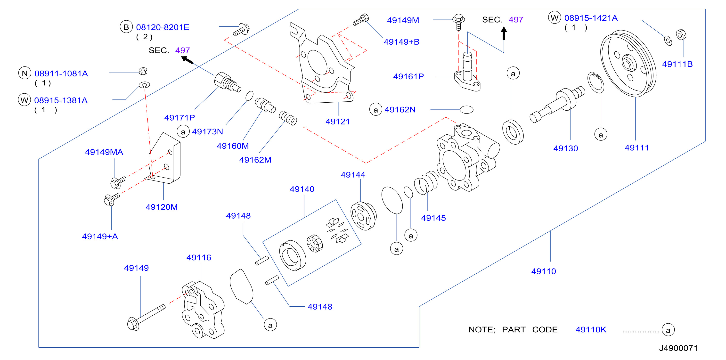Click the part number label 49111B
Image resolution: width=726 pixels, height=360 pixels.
[x=677, y=64]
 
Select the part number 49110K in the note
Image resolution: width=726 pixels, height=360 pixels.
[x=591, y=329]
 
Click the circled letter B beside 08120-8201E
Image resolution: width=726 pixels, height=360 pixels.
[x=126, y=27]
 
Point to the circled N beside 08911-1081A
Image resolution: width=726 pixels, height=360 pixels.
[x=24, y=73]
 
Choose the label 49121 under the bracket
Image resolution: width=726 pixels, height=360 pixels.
[x=338, y=122]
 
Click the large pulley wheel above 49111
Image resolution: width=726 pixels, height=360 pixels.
[x=628, y=64]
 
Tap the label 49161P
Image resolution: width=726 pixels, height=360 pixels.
[x=408, y=76]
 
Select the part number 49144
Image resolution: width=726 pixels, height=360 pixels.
[x=353, y=175]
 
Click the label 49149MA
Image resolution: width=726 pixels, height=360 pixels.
[x=104, y=152]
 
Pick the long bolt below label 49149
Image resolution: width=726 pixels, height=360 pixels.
[x=146, y=317]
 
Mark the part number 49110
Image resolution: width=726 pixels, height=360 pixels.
[x=543, y=271]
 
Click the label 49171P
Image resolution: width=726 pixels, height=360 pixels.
[x=179, y=118]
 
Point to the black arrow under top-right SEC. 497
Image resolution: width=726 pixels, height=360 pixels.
[x=504, y=33]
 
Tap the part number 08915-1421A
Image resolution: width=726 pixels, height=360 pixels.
[x=591, y=18]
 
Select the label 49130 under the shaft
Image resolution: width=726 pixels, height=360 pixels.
[x=566, y=148]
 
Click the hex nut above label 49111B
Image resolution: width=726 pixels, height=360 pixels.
[x=681, y=35]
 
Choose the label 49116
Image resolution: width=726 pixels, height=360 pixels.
[x=199, y=258]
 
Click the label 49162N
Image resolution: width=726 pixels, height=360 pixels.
[x=400, y=110]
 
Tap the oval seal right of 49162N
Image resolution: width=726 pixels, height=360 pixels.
[x=466, y=110]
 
